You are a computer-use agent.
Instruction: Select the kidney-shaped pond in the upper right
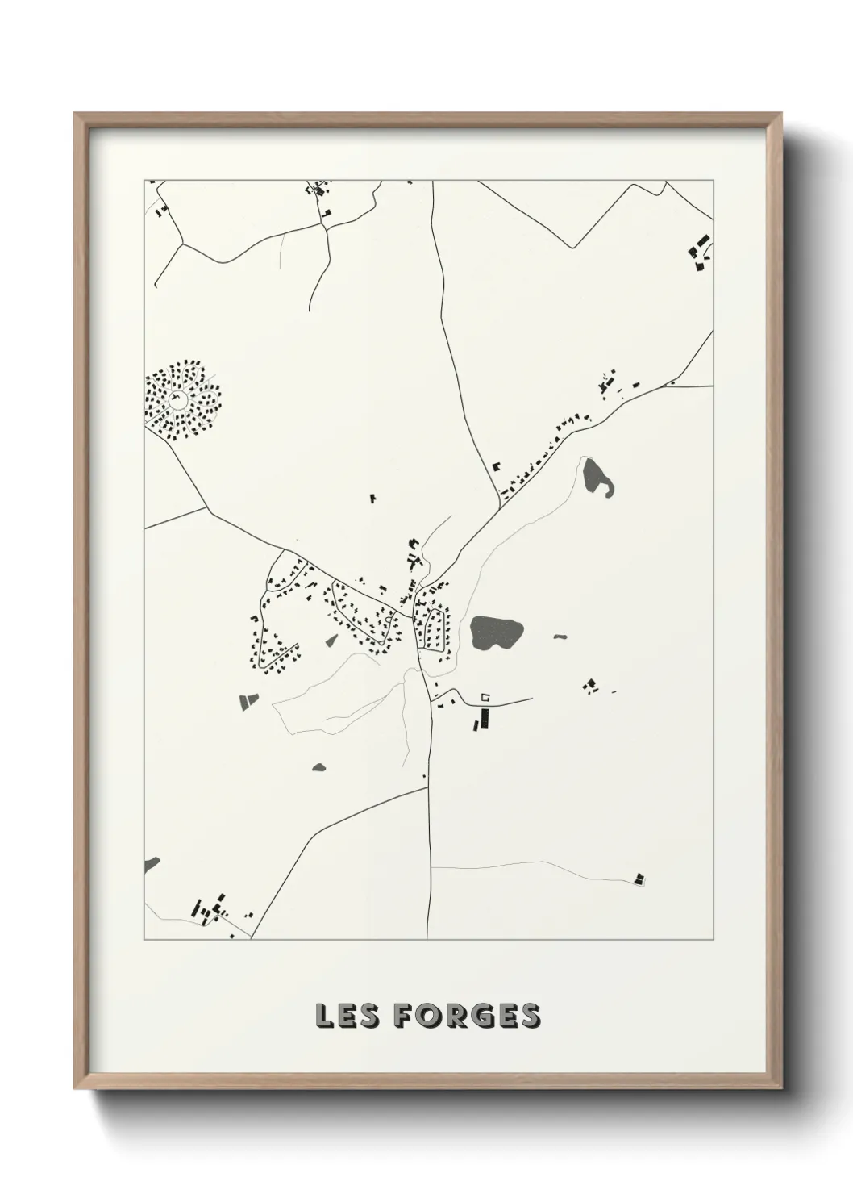coord(596,478)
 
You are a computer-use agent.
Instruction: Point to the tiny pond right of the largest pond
coord(560,637)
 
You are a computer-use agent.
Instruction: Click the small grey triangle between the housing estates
coord(331,641)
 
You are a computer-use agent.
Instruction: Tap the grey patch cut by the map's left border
coord(151,866)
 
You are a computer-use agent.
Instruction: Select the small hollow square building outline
coord(485,696)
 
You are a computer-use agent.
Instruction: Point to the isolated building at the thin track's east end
coord(640,879)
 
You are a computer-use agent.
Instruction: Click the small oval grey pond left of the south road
coord(318,767)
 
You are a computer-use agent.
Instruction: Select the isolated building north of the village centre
coord(373,498)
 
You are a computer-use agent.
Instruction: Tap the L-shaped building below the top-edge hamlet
coord(327,214)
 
